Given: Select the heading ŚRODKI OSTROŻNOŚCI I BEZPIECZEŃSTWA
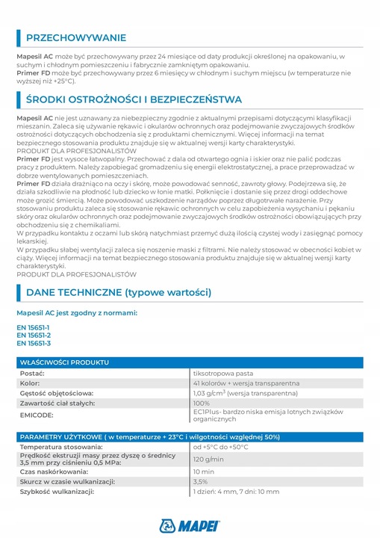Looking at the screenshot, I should [x=134, y=99].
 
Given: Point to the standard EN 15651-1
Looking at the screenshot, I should [x=34, y=327].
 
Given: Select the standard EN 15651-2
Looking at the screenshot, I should [x=34, y=335].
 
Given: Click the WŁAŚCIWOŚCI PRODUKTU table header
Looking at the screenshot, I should [x=64, y=362].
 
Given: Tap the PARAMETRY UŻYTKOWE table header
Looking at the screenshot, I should [x=149, y=436].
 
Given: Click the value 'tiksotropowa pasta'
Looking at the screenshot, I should [x=223, y=372].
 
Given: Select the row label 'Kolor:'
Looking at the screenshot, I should [x=30, y=383].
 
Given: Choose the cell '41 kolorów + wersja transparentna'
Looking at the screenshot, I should [x=246, y=383].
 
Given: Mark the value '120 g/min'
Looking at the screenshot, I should [x=209, y=460].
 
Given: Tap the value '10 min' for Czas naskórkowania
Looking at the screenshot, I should [x=204, y=471].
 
